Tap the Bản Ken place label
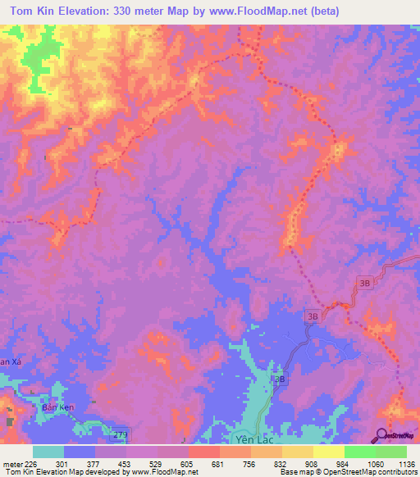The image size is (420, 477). pyautogui.click(x=52, y=407)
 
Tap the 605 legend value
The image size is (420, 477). pyautogui.click(x=188, y=463)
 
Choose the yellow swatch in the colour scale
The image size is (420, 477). pyautogui.click(x=329, y=452)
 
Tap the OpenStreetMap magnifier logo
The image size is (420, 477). pyautogui.click(x=382, y=435)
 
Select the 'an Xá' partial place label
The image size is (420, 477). pyautogui.click(x=9, y=361)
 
